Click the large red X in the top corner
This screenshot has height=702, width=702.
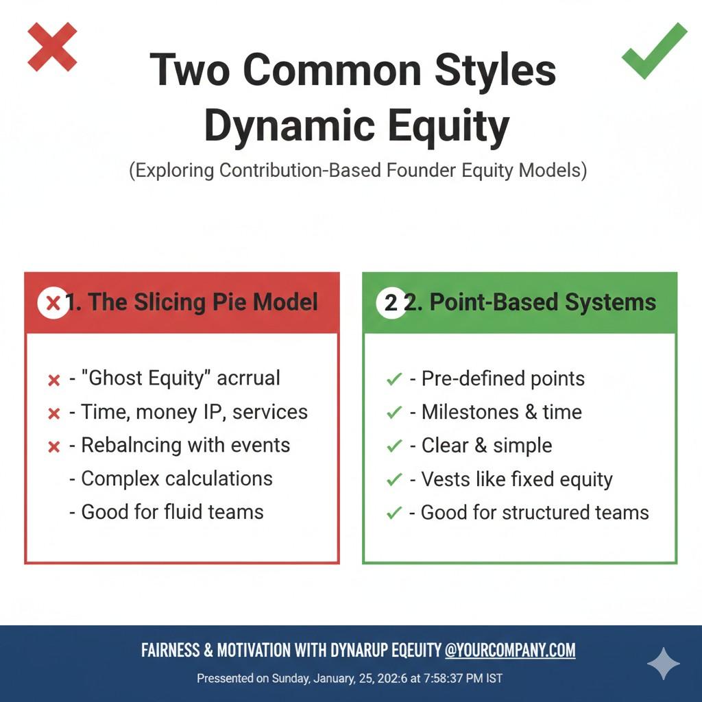click(52, 47)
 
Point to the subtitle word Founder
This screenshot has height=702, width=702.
click(421, 171)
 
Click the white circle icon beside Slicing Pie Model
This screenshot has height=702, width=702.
click(53, 302)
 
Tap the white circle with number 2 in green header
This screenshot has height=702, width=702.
click(391, 303)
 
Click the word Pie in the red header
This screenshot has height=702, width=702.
click(230, 302)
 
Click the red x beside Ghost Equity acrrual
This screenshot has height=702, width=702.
click(53, 380)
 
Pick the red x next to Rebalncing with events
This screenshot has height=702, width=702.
click(53, 447)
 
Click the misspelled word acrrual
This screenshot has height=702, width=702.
click(248, 378)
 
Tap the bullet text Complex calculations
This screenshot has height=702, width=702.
click(177, 479)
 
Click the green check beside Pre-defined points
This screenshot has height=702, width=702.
click(394, 379)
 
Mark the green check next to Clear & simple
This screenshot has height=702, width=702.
click(394, 446)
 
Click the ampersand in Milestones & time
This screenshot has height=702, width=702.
click(531, 412)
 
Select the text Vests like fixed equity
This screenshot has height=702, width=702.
click(517, 479)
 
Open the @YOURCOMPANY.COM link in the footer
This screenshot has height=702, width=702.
click(510, 650)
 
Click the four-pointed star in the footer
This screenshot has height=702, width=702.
click(664, 664)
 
